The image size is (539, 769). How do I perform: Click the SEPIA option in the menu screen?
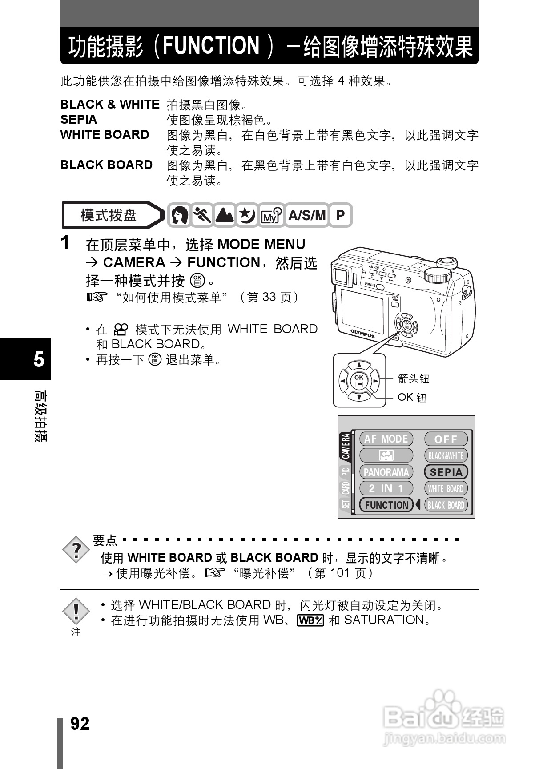pyautogui.click(x=446, y=472)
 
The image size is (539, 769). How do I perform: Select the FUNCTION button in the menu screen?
pyautogui.click(x=386, y=505)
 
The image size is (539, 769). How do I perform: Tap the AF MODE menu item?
pyautogui.click(x=386, y=439)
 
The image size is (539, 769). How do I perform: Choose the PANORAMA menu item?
pyautogui.click(x=386, y=472)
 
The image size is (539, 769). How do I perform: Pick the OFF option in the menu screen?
pyautogui.click(x=446, y=439)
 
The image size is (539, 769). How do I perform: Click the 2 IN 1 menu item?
pyautogui.click(x=386, y=488)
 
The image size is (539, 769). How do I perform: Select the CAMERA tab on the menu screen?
pyautogui.click(x=346, y=447)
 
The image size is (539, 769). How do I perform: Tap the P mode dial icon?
pyautogui.click(x=340, y=215)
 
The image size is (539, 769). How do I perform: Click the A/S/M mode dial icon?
pyautogui.click(x=307, y=215)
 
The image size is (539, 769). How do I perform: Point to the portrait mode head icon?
pyautogui.click(x=180, y=215)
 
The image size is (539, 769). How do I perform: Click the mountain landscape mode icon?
pyautogui.click(x=225, y=215)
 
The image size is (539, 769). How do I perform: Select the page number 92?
pyautogui.click(x=80, y=724)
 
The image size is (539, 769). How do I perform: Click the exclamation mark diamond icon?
pyautogui.click(x=76, y=611)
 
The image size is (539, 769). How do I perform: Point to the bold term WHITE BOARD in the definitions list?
pyautogui.click(x=105, y=135)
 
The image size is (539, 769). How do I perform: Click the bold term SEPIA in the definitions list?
pyautogui.click(x=79, y=120)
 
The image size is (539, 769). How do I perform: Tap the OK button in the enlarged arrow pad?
pyautogui.click(x=359, y=380)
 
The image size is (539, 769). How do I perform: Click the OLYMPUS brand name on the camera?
pyautogui.click(x=362, y=334)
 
